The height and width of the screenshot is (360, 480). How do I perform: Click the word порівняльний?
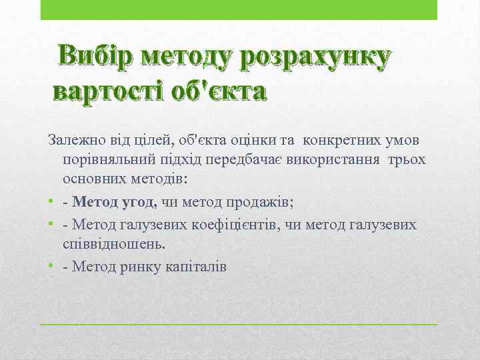click(x=107, y=161)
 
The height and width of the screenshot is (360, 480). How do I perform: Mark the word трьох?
click(x=408, y=161)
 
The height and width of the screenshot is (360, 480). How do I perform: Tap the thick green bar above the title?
click(x=239, y=10)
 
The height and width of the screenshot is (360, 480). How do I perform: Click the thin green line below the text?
click(x=239, y=324)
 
